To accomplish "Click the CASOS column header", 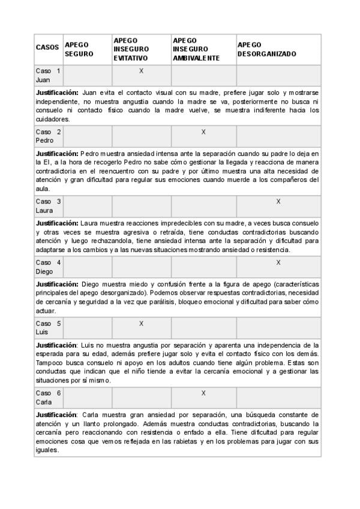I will [47, 47].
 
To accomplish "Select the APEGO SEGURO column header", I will [79, 49].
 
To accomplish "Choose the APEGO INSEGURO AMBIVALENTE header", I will [196, 49].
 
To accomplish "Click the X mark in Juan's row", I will [142, 71].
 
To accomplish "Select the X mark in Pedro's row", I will [203, 131].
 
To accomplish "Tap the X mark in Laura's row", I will [278, 202].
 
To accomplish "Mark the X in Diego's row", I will [278, 262].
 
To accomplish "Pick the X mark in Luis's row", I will [142, 324].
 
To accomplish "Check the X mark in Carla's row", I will [203, 393].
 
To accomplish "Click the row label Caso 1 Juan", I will [48, 76].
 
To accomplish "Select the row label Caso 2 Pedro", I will [48, 136].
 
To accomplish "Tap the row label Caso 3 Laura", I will [48, 206].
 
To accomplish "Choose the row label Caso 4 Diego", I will [48, 267].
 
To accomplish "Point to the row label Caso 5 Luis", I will [48, 328].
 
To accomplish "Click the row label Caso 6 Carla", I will [48, 398].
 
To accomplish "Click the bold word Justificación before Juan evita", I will [57, 93].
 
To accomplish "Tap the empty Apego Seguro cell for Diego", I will [88, 267].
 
